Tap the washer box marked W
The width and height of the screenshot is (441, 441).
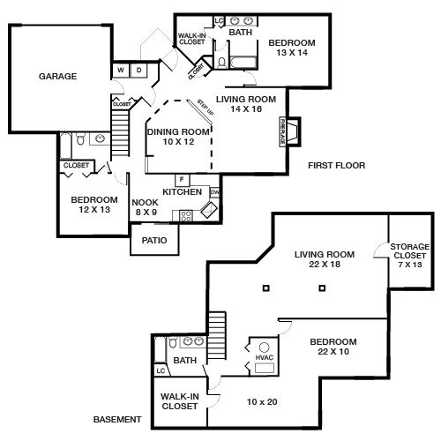(121, 70)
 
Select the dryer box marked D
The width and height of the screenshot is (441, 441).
(138, 70)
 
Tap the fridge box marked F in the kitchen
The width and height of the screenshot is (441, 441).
(180, 180)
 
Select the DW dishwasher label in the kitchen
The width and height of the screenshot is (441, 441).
(214, 192)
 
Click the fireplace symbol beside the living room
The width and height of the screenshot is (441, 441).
(292, 130)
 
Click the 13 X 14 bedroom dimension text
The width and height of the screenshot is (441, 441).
(291, 54)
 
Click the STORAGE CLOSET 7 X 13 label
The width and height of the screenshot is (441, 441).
(410, 255)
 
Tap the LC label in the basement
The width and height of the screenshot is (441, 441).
(161, 371)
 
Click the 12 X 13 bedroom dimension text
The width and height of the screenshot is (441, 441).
(93, 211)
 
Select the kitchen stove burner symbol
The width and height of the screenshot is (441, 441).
(186, 214)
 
